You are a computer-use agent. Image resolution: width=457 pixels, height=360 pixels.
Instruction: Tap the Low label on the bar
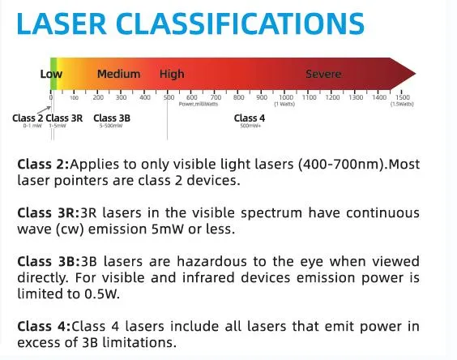pos(51,74)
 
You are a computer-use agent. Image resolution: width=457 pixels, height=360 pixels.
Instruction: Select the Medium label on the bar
pos(118,74)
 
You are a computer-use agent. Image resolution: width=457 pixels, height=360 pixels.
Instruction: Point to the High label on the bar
pos(172,74)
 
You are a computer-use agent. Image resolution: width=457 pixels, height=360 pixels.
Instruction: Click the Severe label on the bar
pos(323,74)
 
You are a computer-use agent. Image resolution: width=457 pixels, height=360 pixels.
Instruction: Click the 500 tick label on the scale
pos(169,97)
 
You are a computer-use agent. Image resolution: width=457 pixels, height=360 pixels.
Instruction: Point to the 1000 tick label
pos(285,97)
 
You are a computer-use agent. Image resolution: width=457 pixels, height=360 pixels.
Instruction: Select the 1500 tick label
pos(403,97)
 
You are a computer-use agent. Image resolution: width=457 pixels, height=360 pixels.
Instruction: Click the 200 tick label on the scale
pos(98,97)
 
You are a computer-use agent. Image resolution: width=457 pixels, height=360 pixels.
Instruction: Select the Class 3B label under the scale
pos(111,118)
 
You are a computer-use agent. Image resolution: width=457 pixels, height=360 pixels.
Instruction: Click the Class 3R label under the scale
pos(65,118)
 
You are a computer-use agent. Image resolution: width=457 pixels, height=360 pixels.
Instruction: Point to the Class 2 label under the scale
pos(28,118)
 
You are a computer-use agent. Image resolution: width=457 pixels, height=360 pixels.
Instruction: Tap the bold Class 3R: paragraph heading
pos(46,213)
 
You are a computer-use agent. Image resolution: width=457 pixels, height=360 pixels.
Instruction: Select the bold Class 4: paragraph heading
pos(43,327)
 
